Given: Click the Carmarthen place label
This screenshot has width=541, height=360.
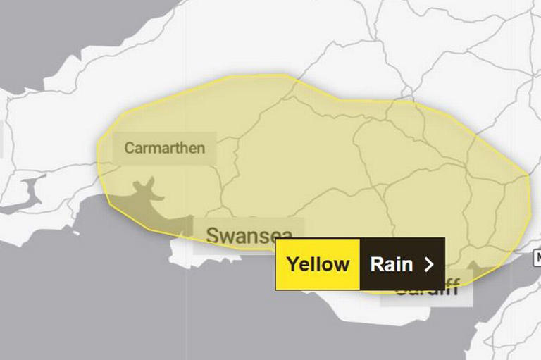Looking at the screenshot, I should pos(165,148).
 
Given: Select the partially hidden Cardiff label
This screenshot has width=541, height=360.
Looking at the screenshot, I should pos(427,288).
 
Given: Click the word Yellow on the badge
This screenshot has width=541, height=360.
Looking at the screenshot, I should pos(318,264).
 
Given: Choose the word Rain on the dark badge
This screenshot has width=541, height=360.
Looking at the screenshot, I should pos(392,264).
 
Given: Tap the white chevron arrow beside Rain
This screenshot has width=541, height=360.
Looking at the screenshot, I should pos(428,264).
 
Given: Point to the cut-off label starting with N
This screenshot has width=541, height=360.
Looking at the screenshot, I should pos(537,257).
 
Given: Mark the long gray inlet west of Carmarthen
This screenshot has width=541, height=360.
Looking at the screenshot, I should pos(28,194).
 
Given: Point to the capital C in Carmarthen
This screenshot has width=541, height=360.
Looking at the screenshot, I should pos(129,148).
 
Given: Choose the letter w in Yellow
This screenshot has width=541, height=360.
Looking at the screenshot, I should pos(342,265).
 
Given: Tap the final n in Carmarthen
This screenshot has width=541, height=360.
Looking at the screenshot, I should pos(201,149).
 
